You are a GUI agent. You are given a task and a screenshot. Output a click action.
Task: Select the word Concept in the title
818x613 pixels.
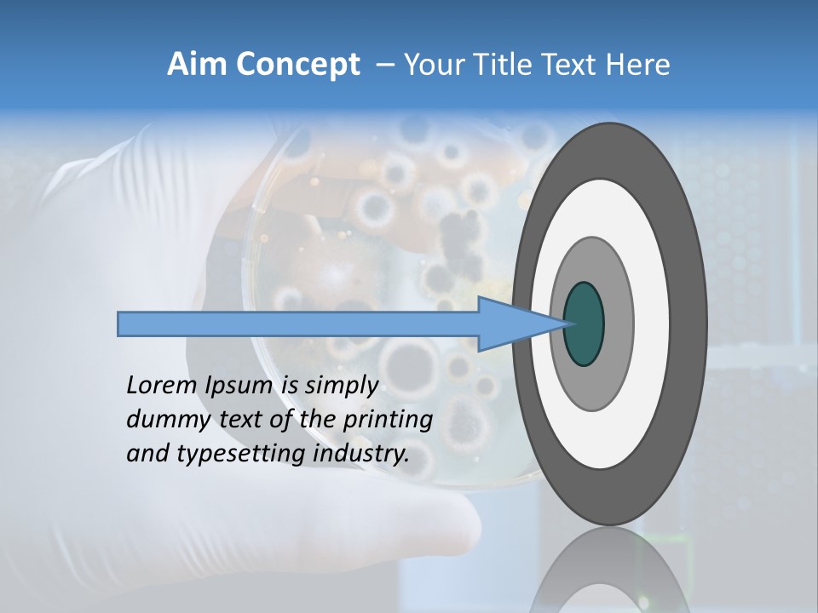tap(297, 65)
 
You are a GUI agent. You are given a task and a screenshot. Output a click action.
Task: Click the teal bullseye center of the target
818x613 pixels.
tap(585, 324)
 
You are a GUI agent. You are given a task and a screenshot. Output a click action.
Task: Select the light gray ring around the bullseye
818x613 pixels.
tap(617, 324)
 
